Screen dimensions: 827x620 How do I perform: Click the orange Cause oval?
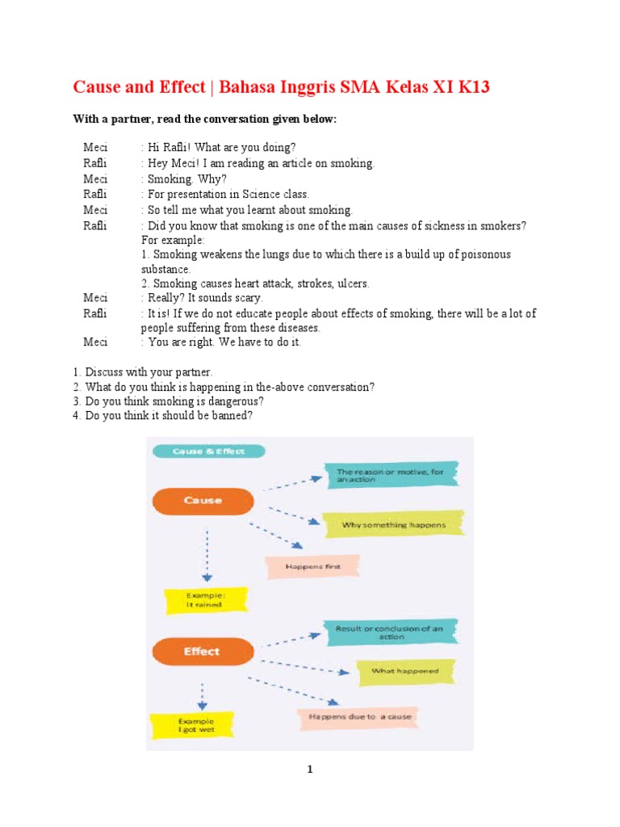pyautogui.click(x=203, y=501)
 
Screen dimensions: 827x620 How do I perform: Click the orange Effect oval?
pyautogui.click(x=201, y=651)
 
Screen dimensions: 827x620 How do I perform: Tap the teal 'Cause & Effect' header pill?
pyautogui.click(x=207, y=451)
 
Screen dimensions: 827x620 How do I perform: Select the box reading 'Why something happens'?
pyautogui.click(x=392, y=525)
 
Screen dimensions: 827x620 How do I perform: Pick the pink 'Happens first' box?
pyautogui.click(x=313, y=566)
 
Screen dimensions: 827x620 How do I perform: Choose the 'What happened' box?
pyautogui.click(x=405, y=670)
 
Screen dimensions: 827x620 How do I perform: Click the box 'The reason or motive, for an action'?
pyautogui.click(x=389, y=475)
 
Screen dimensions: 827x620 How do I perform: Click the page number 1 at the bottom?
pyautogui.click(x=310, y=770)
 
